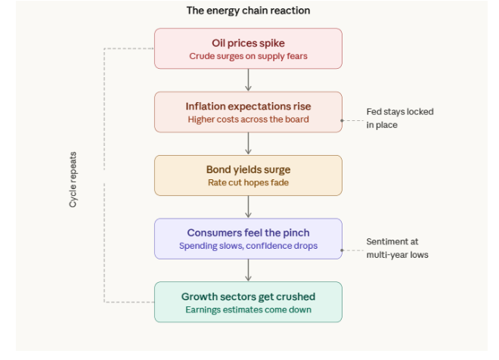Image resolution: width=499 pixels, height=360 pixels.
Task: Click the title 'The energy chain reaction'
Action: pyautogui.click(x=248, y=11)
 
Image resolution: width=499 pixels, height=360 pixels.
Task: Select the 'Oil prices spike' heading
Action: pyautogui.click(x=248, y=43)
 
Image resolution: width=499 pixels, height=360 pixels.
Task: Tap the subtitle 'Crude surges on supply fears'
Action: pyautogui.click(x=248, y=56)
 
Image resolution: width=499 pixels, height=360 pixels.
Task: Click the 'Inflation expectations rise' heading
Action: pyautogui.click(x=248, y=107)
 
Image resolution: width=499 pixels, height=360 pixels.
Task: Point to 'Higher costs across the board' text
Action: pyautogui.click(x=248, y=119)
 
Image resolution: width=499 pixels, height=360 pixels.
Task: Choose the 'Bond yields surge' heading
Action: pyautogui.click(x=248, y=169)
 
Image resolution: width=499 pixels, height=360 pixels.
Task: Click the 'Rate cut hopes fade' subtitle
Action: pyautogui.click(x=248, y=183)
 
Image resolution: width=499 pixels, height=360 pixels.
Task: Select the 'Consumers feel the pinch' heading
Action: pyautogui.click(x=248, y=233)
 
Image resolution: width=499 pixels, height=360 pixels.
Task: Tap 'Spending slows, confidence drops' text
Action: pyautogui.click(x=248, y=246)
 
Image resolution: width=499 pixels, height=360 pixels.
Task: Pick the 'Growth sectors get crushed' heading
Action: pyautogui.click(x=248, y=296)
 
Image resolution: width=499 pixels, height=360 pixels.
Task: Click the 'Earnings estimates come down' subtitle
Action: pyautogui.click(x=248, y=310)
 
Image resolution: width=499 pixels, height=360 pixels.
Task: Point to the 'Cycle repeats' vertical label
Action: pyautogui.click(x=73, y=179)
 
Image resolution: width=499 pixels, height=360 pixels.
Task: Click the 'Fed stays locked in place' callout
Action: pyautogui.click(x=400, y=118)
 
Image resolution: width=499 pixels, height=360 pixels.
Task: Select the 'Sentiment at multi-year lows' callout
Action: pyautogui.click(x=397, y=248)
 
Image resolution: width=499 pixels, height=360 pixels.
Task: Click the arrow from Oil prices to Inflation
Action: pyautogui.click(x=248, y=80)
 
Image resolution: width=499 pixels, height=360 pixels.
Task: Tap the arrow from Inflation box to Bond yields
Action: pyautogui.click(x=248, y=143)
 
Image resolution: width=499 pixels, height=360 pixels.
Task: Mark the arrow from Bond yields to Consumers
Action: pyautogui.click(x=248, y=206)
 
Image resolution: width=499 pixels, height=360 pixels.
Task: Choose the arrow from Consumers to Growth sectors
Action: pyautogui.click(x=248, y=270)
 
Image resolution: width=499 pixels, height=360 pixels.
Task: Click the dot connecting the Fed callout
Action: pyautogui.click(x=342, y=121)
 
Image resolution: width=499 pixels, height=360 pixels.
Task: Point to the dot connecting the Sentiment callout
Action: pyautogui.click(x=342, y=250)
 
